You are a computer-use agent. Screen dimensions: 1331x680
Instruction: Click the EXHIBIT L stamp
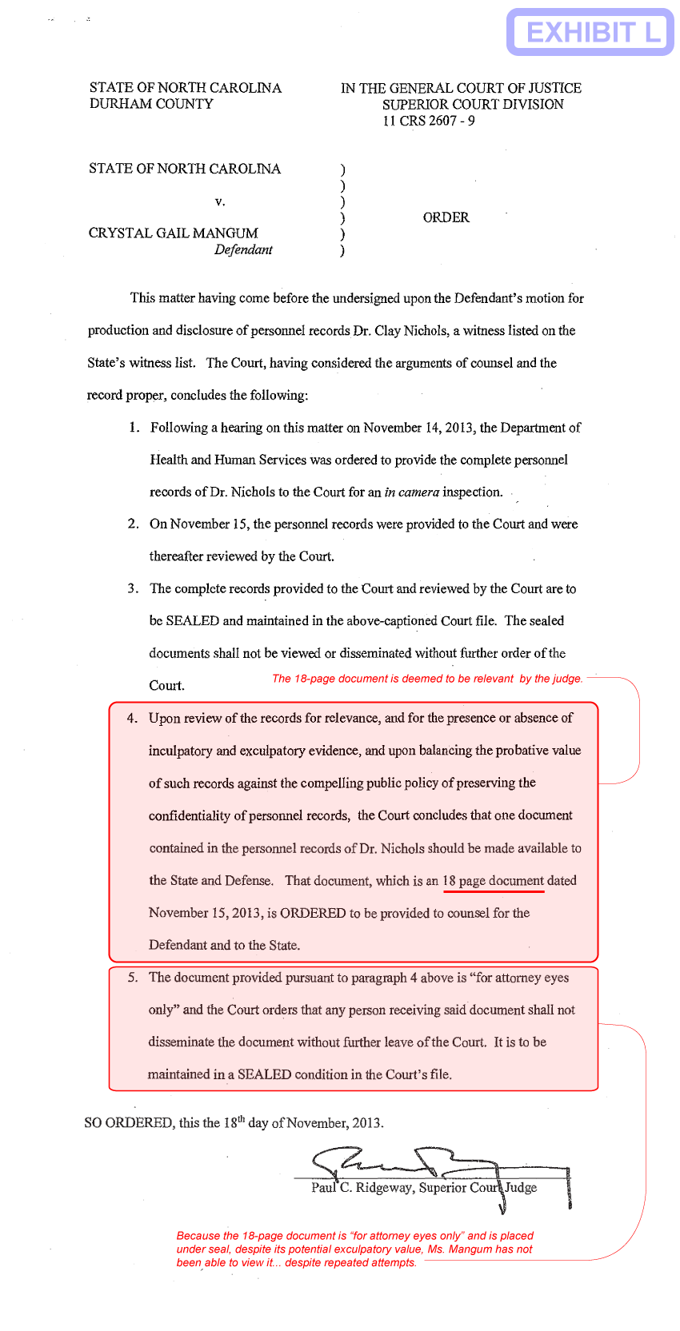(x=590, y=32)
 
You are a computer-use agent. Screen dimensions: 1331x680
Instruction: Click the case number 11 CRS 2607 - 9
(x=428, y=121)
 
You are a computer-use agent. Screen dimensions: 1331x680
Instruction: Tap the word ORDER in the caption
(x=446, y=217)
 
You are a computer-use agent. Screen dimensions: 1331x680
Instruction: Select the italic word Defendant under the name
(x=243, y=249)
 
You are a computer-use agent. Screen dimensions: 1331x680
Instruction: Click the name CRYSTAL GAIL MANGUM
(x=174, y=233)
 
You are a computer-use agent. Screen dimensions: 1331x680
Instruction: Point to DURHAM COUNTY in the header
(x=151, y=104)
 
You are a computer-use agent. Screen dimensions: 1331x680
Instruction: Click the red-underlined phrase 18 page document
(x=493, y=881)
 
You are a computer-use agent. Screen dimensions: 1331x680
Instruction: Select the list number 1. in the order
(x=134, y=428)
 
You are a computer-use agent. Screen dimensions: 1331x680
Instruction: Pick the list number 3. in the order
(x=133, y=589)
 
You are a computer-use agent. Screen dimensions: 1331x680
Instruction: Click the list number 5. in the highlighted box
(x=133, y=978)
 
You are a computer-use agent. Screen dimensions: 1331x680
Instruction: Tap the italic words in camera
(x=411, y=492)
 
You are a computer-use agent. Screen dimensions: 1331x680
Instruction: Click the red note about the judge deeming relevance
(x=427, y=679)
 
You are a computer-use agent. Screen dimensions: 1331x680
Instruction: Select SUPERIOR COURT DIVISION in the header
(x=473, y=105)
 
